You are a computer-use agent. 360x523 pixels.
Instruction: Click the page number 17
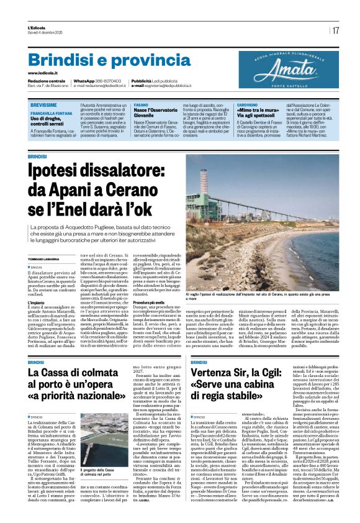tap(336, 30)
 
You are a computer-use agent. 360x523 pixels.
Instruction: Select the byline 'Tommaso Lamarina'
tap(43, 259)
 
